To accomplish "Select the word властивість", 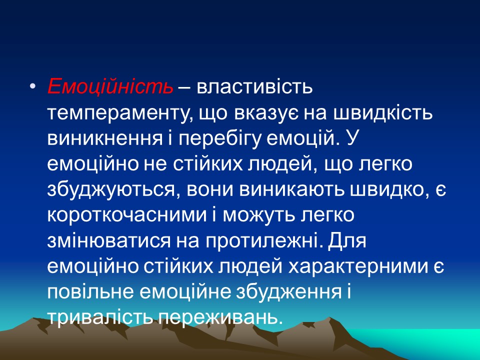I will click(x=255, y=88).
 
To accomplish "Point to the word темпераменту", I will click(x=118, y=114).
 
